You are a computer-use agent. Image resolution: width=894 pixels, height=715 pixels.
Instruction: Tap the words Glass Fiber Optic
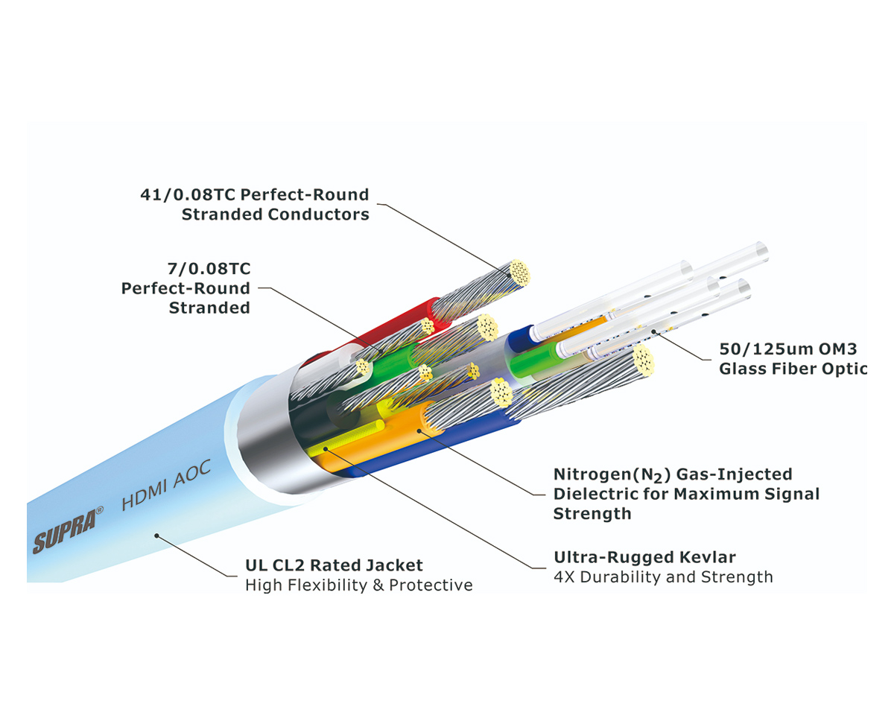coord(793,368)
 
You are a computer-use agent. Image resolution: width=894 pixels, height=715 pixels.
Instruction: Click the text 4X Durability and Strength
coord(663,577)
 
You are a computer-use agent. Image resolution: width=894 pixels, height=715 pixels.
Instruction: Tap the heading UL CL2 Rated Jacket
coord(334,565)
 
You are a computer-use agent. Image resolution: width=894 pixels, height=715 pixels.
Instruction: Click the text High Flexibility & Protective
coord(358,585)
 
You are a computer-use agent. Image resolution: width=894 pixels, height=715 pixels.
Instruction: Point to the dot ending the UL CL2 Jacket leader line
coord(156,533)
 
